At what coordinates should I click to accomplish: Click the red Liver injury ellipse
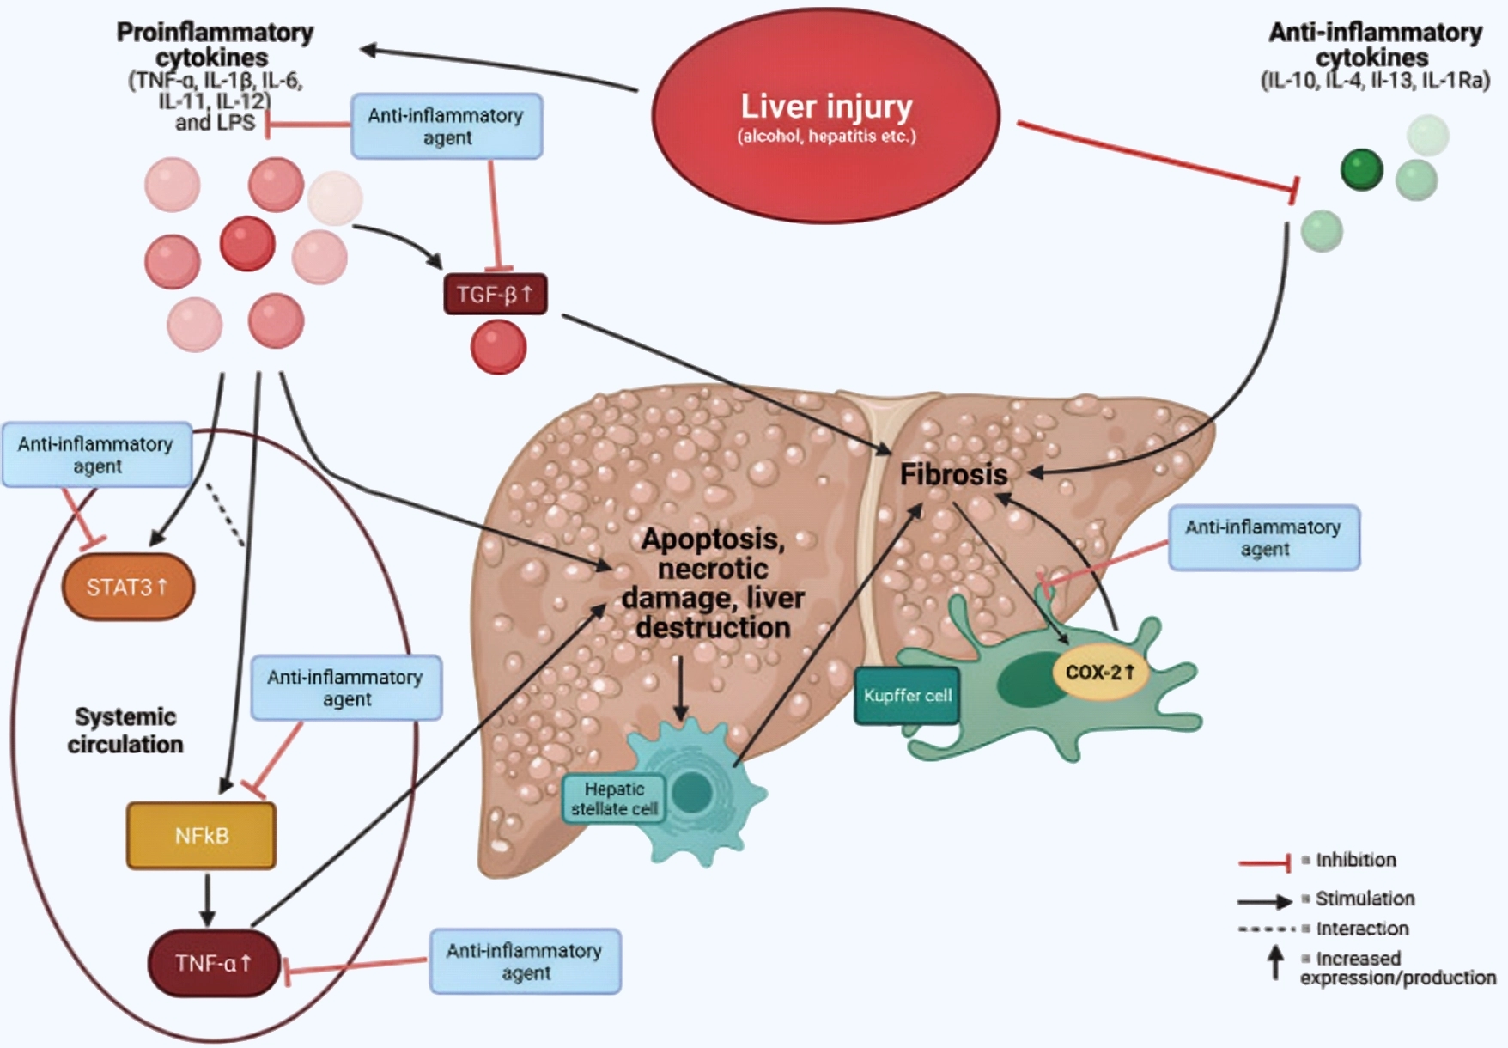(x=826, y=116)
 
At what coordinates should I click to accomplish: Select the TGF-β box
(x=496, y=295)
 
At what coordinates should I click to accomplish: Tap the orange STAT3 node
(x=128, y=588)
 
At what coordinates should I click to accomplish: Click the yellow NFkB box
(x=201, y=836)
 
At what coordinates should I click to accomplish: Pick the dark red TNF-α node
(x=213, y=963)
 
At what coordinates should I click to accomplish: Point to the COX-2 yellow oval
(x=1099, y=673)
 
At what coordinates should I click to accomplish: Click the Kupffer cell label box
(x=907, y=696)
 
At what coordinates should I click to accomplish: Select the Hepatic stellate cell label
(x=614, y=799)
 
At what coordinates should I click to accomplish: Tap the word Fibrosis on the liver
(x=953, y=474)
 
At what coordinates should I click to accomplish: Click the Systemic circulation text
(x=125, y=730)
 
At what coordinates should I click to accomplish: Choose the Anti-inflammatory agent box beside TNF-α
(x=525, y=961)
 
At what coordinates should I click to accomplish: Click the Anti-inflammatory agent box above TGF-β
(x=447, y=126)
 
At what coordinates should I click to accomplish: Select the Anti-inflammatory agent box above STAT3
(x=96, y=455)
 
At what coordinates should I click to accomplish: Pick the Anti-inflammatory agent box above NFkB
(x=346, y=688)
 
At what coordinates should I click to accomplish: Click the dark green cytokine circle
(x=1361, y=169)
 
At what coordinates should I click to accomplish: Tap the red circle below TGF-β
(x=498, y=347)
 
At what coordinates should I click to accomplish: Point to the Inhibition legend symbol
(x=1264, y=862)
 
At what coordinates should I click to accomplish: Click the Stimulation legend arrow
(x=1264, y=901)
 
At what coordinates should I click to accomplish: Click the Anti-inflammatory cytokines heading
(x=1374, y=45)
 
